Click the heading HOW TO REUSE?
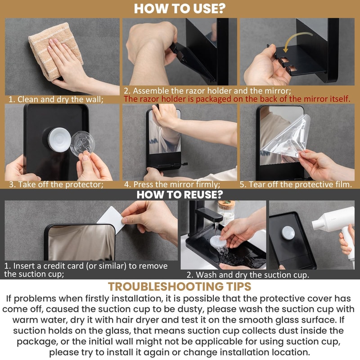(x=180, y=194)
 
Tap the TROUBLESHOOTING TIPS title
(x=180, y=287)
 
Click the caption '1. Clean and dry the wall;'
(x=57, y=99)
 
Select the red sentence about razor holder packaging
(x=237, y=99)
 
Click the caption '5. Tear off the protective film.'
(x=295, y=184)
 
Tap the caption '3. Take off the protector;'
(x=56, y=184)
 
